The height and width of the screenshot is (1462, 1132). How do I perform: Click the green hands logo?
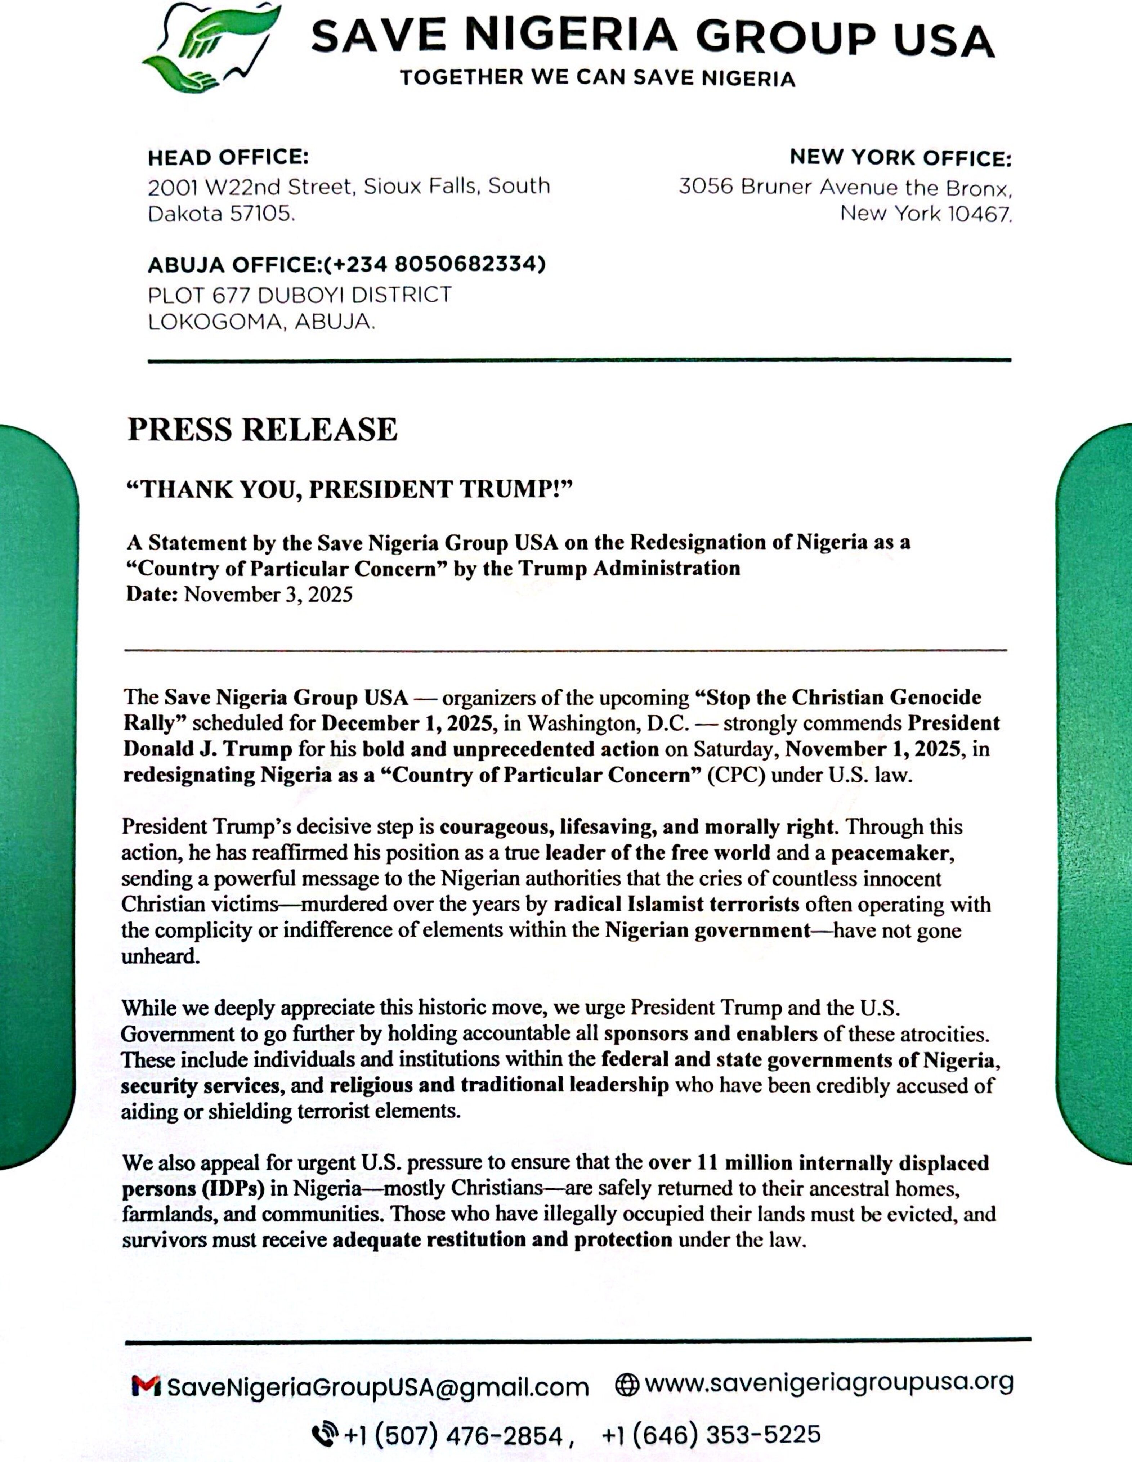(207, 47)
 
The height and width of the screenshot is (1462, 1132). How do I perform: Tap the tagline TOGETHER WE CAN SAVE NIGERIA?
(598, 79)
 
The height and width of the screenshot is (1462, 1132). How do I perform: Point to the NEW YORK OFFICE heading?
(900, 158)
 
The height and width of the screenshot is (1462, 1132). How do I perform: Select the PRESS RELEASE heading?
(263, 430)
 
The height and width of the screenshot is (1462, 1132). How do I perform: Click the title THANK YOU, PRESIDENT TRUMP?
(350, 489)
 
